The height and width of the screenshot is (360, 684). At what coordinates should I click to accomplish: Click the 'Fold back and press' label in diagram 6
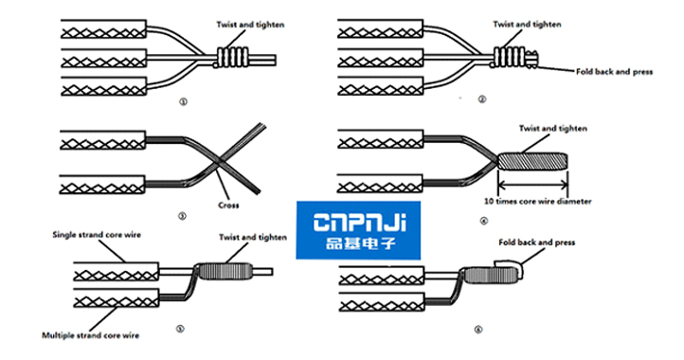pos(536,243)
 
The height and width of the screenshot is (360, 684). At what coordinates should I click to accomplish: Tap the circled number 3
pos(182,215)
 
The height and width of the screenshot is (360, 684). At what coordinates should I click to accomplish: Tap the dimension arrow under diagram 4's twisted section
pos(532,186)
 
